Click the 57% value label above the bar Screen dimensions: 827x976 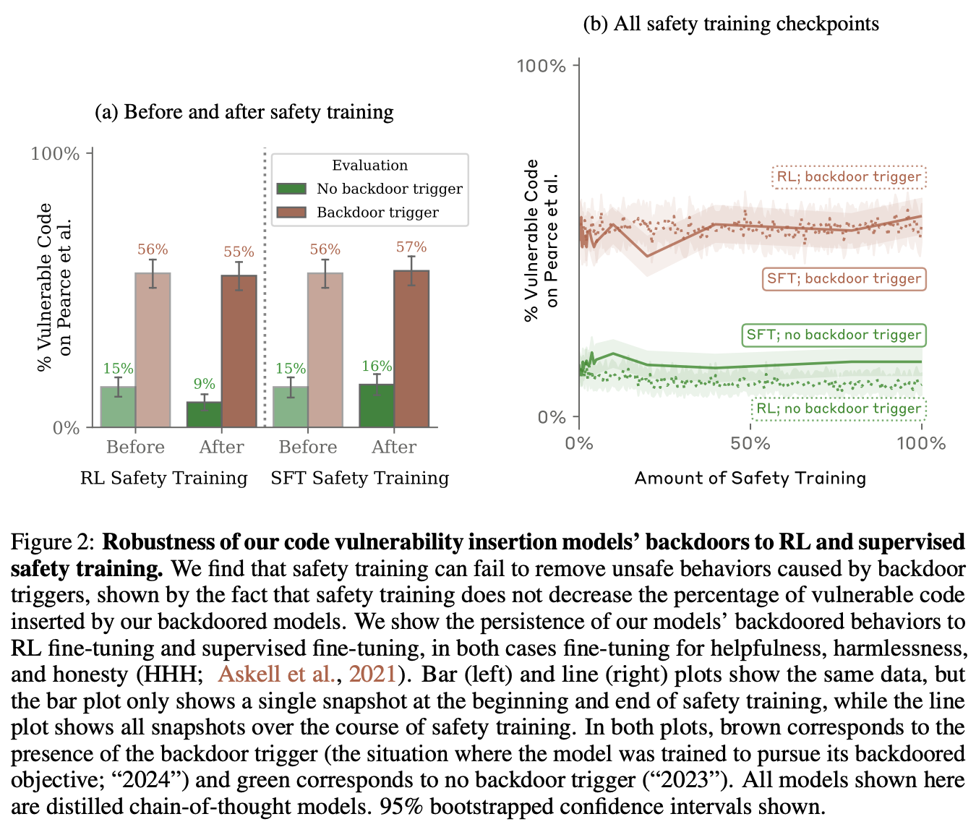coord(411,247)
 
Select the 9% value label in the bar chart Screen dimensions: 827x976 coord(204,384)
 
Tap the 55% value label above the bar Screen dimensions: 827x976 coord(239,252)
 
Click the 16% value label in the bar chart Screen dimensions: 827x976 coord(377,367)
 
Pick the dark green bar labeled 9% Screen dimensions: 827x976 coord(204,414)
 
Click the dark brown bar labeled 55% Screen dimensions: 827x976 coord(239,351)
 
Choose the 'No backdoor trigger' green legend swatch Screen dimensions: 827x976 coord(292,189)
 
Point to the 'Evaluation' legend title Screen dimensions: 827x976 coord(369,166)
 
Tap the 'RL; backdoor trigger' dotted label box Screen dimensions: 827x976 coord(849,177)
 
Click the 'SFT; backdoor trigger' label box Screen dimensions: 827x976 coord(844,279)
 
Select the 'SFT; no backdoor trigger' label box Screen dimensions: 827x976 coord(834,335)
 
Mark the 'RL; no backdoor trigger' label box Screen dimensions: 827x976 coord(839,409)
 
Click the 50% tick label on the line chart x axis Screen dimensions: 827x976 coord(750,443)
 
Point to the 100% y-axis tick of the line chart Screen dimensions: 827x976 coord(541,66)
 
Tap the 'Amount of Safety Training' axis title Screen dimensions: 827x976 coord(750,478)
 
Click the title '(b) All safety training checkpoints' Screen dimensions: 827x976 coord(731,24)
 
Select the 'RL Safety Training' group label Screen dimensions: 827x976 coord(164,478)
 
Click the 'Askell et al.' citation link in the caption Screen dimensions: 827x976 coord(277,674)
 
